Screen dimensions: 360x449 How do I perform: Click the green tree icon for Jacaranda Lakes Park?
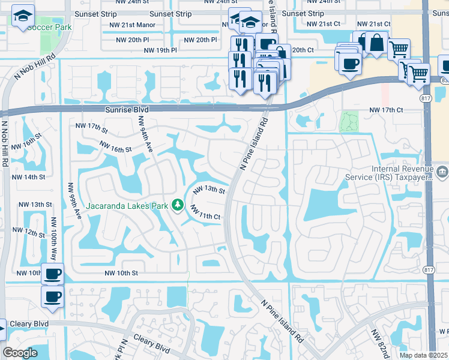(x=178, y=205)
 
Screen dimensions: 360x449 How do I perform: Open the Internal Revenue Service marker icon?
(x=442, y=173)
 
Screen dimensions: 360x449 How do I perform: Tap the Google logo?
(x=20, y=353)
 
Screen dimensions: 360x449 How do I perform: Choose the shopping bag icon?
(x=376, y=43)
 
